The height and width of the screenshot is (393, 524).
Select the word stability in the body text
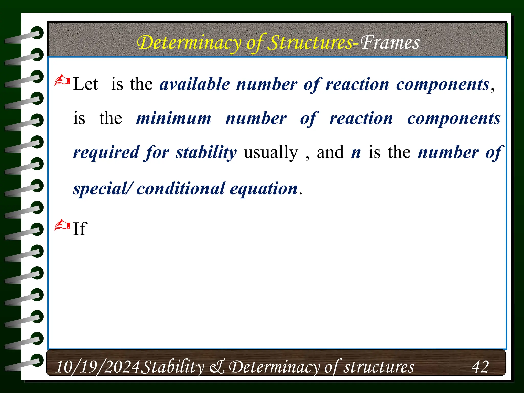206,152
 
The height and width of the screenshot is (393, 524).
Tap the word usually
271,152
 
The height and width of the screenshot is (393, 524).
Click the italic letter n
356,152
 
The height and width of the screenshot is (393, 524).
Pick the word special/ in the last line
103,189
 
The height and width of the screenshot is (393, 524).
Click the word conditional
181,189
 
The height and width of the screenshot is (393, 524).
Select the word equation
264,189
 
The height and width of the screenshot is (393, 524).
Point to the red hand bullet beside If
62,225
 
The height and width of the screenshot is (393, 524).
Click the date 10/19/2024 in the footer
97,367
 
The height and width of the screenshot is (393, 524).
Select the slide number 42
480,367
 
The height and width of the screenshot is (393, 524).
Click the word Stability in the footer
173,367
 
